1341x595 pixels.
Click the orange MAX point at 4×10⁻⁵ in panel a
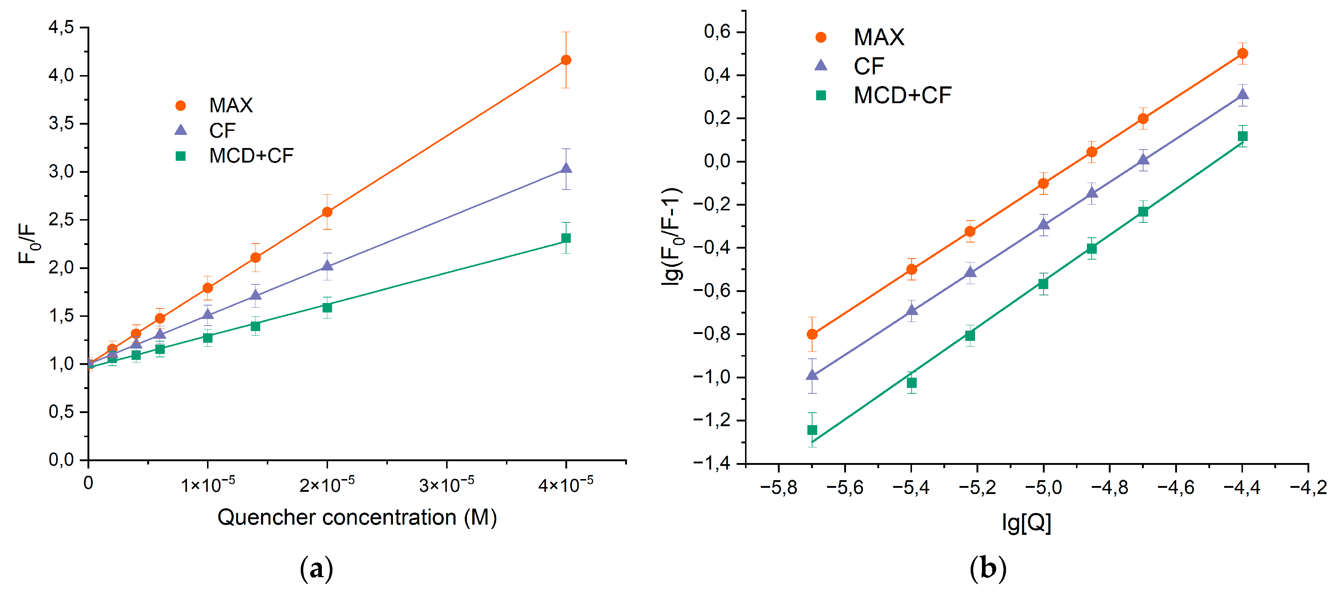coord(566,60)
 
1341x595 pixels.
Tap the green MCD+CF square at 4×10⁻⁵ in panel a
coord(566,238)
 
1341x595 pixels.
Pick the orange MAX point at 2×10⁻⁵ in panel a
coord(327,212)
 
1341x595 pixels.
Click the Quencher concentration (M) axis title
coord(357,517)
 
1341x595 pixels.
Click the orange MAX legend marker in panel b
coord(821,37)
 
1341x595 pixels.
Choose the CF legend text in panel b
coord(868,66)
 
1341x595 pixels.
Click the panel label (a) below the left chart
coord(316,569)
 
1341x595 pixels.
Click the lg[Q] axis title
coord(1026,522)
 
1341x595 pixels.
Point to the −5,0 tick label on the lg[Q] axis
coord(1043,487)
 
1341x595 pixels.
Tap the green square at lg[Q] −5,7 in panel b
coord(812,430)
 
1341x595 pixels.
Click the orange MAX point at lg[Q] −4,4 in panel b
coord(1243,53)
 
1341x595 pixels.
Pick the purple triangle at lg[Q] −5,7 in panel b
coord(812,375)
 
